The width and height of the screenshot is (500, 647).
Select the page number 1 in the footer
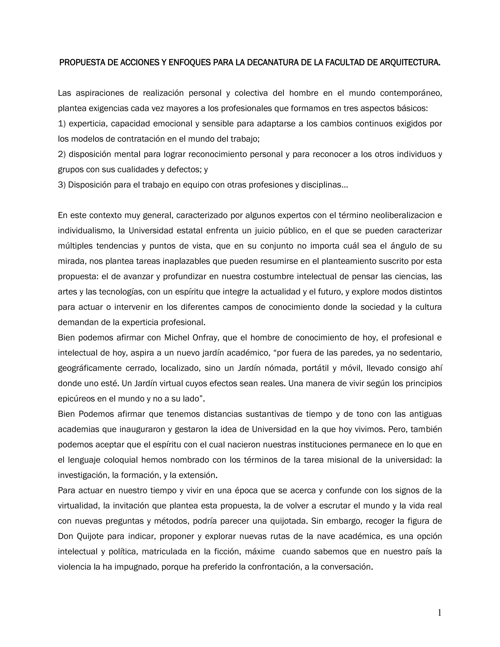point(439,613)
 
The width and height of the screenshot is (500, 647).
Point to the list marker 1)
point(62,124)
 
